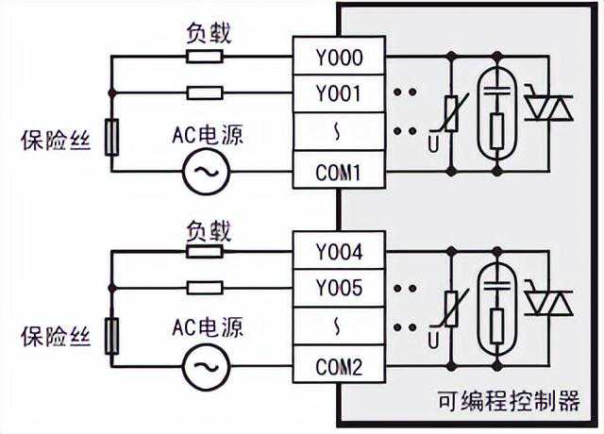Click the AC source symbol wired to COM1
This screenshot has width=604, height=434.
pos(202,172)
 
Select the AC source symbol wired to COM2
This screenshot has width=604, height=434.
pos(202,364)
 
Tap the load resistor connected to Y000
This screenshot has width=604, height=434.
pos(205,56)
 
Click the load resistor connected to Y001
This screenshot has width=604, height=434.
pos(205,93)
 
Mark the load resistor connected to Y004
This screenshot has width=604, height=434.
pos(205,250)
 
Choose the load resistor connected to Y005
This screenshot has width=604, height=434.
pos(205,288)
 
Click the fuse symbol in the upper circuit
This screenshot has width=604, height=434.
pos(111,138)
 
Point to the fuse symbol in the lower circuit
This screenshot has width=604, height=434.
pos(111,335)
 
